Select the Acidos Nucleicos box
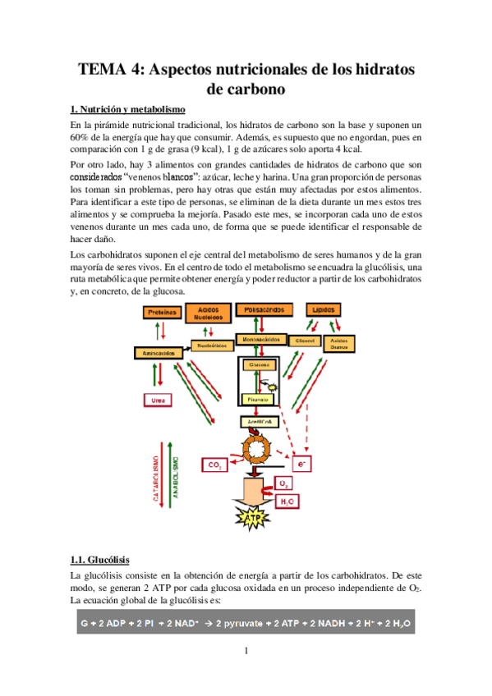(201, 311)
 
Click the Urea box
(158, 400)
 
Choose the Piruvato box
(258, 399)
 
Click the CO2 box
(216, 465)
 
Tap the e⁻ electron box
(304, 464)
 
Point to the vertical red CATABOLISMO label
(156, 475)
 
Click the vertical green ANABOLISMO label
(174, 475)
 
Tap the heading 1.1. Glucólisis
(99, 561)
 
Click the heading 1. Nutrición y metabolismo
(127, 108)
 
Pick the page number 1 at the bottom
(246, 652)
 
